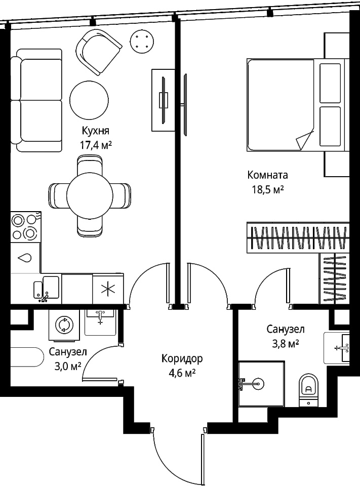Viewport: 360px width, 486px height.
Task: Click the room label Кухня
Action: point(96,131)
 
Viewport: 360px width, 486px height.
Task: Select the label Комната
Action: point(267,175)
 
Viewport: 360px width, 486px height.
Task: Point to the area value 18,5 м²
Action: point(268,189)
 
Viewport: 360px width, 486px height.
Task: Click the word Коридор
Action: point(182,358)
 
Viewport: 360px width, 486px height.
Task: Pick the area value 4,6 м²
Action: point(182,373)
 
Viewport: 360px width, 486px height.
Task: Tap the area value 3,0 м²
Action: point(68,366)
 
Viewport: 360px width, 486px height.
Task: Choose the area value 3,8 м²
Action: point(285,343)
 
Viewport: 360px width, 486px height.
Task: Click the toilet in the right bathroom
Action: point(308,390)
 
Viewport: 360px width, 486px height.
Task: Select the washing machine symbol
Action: point(64,325)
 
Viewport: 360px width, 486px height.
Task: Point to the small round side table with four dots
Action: point(142,40)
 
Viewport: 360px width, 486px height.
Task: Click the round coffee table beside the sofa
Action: point(89,99)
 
